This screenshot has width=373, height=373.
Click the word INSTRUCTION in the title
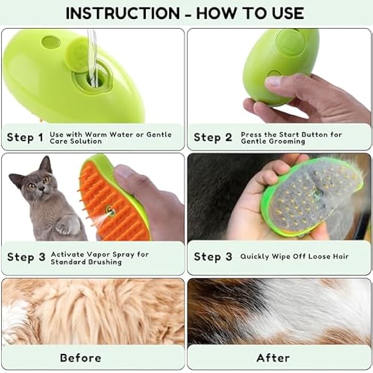[122, 13]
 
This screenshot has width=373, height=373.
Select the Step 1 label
[25, 138]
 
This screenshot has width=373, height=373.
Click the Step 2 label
[212, 138]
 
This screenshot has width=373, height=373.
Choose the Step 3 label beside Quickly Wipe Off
[212, 257]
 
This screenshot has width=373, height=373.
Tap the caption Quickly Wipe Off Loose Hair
[294, 257]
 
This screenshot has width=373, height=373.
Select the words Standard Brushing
[86, 262]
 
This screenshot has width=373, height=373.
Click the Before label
[80, 358]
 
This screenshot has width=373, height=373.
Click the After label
[273, 358]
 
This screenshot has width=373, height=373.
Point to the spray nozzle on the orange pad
[110, 212]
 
